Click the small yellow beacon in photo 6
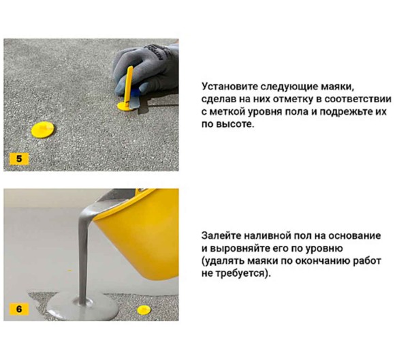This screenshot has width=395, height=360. [x=143, y=310]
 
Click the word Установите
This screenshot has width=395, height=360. [x=228, y=87]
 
